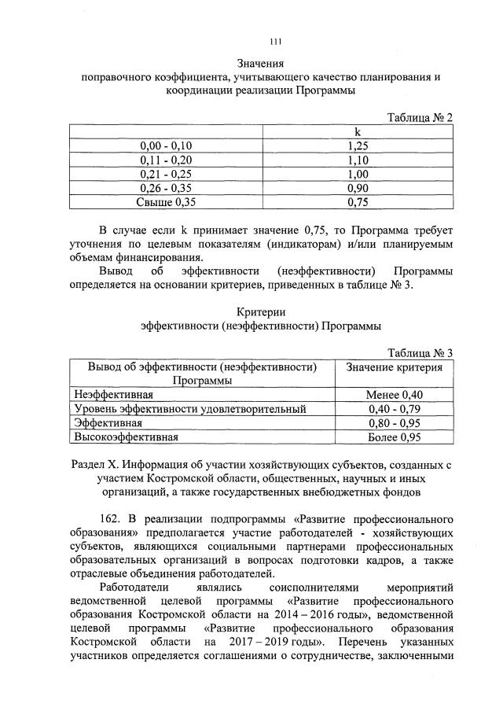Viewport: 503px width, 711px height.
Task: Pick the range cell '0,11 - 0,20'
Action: pos(166,160)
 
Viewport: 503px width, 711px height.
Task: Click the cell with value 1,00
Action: pos(358,174)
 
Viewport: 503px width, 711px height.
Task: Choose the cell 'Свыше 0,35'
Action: pos(166,202)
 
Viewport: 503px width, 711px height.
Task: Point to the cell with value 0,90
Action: pos(358,188)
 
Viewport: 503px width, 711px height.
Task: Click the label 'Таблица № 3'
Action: pos(421,352)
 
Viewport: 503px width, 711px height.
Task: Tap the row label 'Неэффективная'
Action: pos(113,394)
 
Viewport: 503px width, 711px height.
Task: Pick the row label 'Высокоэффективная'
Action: pos(127,437)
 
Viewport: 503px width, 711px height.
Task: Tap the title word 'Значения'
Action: pos(260,63)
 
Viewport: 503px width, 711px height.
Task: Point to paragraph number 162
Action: pos(112,520)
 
